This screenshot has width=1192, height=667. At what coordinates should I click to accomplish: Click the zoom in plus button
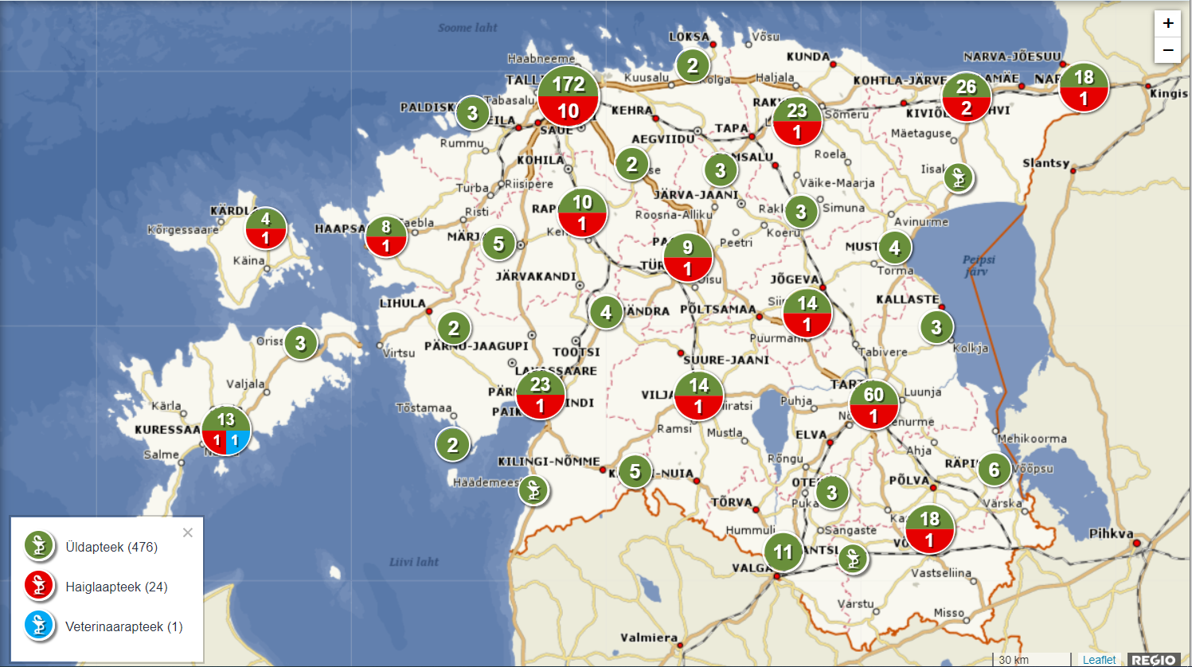pos(1167,24)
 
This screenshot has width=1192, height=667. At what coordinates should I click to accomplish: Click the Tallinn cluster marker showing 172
pos(569,96)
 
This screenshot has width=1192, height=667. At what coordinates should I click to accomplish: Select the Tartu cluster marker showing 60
pos(873,404)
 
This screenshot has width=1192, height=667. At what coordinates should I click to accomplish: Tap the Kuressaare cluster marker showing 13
pos(226,430)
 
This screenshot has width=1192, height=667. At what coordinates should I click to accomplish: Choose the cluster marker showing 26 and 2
pos(966,97)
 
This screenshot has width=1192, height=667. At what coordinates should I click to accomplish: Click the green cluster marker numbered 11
pos(784,552)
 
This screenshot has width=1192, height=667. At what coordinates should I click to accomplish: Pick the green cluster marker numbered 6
pos(994,470)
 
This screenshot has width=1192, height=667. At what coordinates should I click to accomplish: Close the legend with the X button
pos(188,532)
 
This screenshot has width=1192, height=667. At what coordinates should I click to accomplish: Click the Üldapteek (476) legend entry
pos(111,547)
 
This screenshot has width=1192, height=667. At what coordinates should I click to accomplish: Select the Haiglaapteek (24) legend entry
pos(116,587)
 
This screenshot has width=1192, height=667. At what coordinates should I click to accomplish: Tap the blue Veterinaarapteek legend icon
pos(39,626)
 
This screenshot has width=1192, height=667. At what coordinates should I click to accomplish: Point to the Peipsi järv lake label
pos(978,265)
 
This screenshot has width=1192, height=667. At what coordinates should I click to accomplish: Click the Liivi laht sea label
pos(414,562)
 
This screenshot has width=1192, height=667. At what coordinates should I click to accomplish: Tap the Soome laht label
pos(467,28)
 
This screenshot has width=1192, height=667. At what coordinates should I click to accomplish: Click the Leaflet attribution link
pos(1099,660)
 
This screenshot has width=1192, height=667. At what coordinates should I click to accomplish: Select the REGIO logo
pos(1154,660)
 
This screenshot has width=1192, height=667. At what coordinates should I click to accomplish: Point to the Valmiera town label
pos(649,638)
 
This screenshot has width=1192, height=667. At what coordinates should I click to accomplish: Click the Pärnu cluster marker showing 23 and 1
pos(541,395)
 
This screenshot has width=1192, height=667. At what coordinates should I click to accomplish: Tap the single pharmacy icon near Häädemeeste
pos(533,490)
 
